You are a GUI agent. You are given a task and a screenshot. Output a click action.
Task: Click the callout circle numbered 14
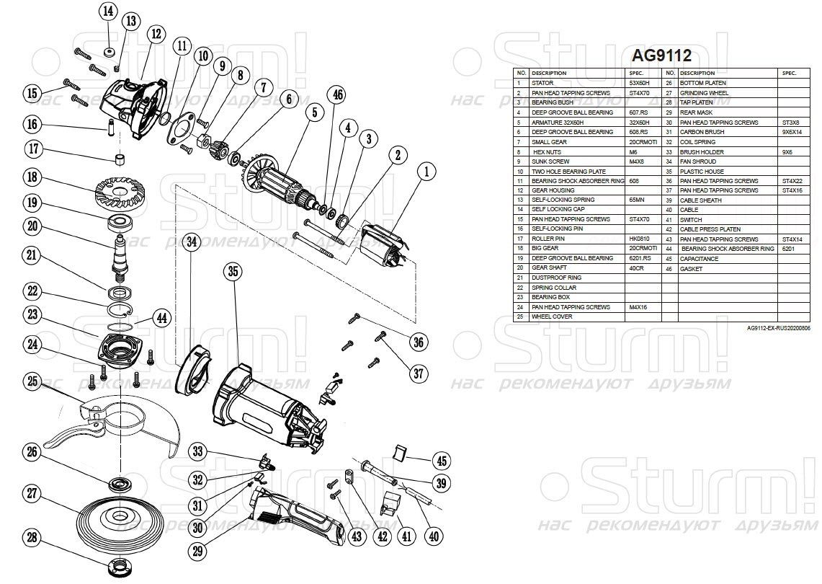point(107,12)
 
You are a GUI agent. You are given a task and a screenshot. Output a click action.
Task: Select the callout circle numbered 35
point(232,272)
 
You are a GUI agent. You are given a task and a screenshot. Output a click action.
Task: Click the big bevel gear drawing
point(115,191)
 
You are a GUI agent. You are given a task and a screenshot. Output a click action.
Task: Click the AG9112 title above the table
point(661,56)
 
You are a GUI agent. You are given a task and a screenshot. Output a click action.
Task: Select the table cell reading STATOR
point(542,83)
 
